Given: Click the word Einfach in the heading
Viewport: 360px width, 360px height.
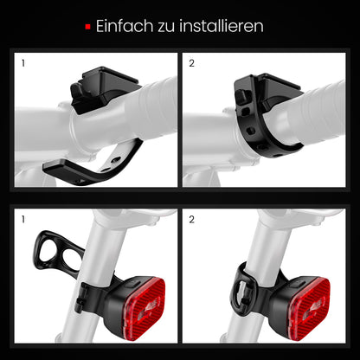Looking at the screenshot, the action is [125, 26].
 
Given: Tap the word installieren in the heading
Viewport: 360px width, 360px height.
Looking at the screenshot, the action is [222, 26].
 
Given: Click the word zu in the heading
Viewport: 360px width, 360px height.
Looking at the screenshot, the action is [166, 27].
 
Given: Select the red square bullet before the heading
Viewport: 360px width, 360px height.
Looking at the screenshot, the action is [88, 27].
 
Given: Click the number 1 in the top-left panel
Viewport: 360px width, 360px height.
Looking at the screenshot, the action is [23, 63].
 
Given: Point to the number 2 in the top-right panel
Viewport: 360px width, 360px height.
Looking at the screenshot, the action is [192, 63].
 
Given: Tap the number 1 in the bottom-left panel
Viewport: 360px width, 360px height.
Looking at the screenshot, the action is [23, 220].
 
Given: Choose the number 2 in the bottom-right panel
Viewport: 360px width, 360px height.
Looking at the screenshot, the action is [192, 220].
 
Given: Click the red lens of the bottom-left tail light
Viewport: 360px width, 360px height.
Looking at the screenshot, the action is [145, 307].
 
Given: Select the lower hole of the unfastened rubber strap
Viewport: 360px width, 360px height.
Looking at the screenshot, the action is [71, 260].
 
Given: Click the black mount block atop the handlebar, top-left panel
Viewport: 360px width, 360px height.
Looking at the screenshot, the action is [106, 88].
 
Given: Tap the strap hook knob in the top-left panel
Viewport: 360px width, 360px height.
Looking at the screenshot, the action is [77, 90].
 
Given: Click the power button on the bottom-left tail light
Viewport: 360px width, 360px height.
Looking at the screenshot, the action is [133, 283].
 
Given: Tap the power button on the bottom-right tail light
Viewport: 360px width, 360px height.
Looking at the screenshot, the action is [298, 283].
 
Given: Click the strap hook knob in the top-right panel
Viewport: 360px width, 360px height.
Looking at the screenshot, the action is [241, 97].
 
